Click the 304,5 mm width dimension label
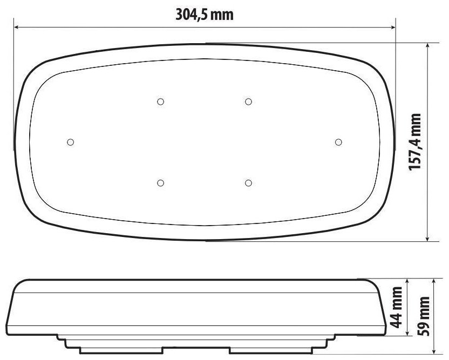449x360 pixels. pyautogui.click(x=205, y=15)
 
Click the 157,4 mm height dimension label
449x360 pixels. pyautogui.click(x=414, y=142)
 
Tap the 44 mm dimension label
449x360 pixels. pyautogui.click(x=396, y=308)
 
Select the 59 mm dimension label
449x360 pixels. pyautogui.click(x=424, y=316)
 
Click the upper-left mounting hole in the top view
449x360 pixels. pyautogui.click(x=161, y=101)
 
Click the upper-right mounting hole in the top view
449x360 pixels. pyautogui.click(x=249, y=101)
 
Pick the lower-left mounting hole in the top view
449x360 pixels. pyautogui.click(x=161, y=183)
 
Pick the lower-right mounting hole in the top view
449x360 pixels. pyautogui.click(x=249, y=183)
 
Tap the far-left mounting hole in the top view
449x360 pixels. pyautogui.click(x=71, y=142)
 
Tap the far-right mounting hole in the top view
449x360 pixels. pyautogui.click(x=338, y=142)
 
